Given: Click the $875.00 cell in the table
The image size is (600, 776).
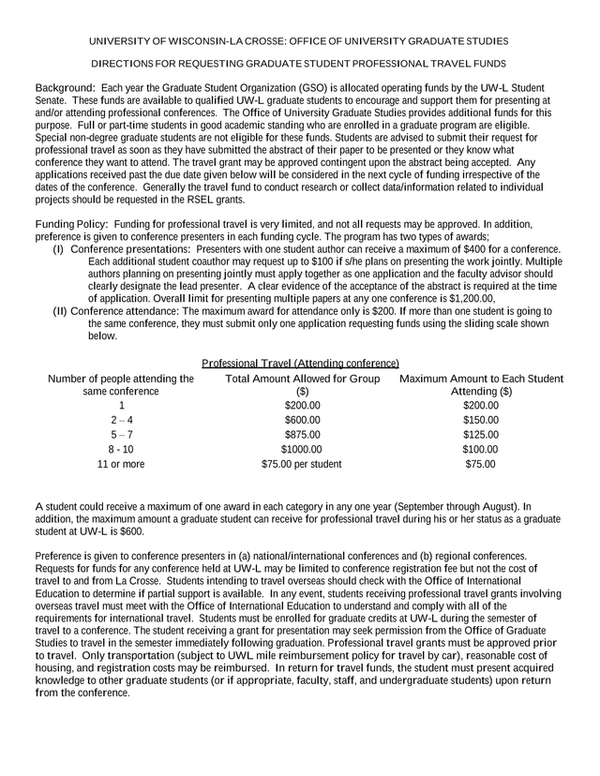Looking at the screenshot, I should click(x=302, y=435).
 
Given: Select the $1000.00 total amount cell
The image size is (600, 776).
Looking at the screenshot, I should click(x=302, y=449).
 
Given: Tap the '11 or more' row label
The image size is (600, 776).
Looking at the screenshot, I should click(x=121, y=464).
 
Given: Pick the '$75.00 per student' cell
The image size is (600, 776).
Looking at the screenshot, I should click(x=302, y=464).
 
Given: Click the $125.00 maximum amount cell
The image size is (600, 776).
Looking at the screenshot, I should click(x=481, y=435).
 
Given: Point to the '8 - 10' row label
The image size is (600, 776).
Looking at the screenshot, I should click(x=121, y=449).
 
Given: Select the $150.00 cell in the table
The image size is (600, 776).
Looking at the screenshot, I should click(x=481, y=421).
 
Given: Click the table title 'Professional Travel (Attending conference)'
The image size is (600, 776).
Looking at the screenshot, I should click(x=300, y=363).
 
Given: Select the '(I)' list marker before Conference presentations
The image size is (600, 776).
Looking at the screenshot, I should click(x=58, y=249).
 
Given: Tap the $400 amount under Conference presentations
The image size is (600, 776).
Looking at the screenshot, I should click(x=507, y=249).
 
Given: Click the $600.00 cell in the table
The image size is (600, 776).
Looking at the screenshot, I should click(x=302, y=421).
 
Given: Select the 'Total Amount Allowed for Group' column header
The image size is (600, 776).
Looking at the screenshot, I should click(x=302, y=379).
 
